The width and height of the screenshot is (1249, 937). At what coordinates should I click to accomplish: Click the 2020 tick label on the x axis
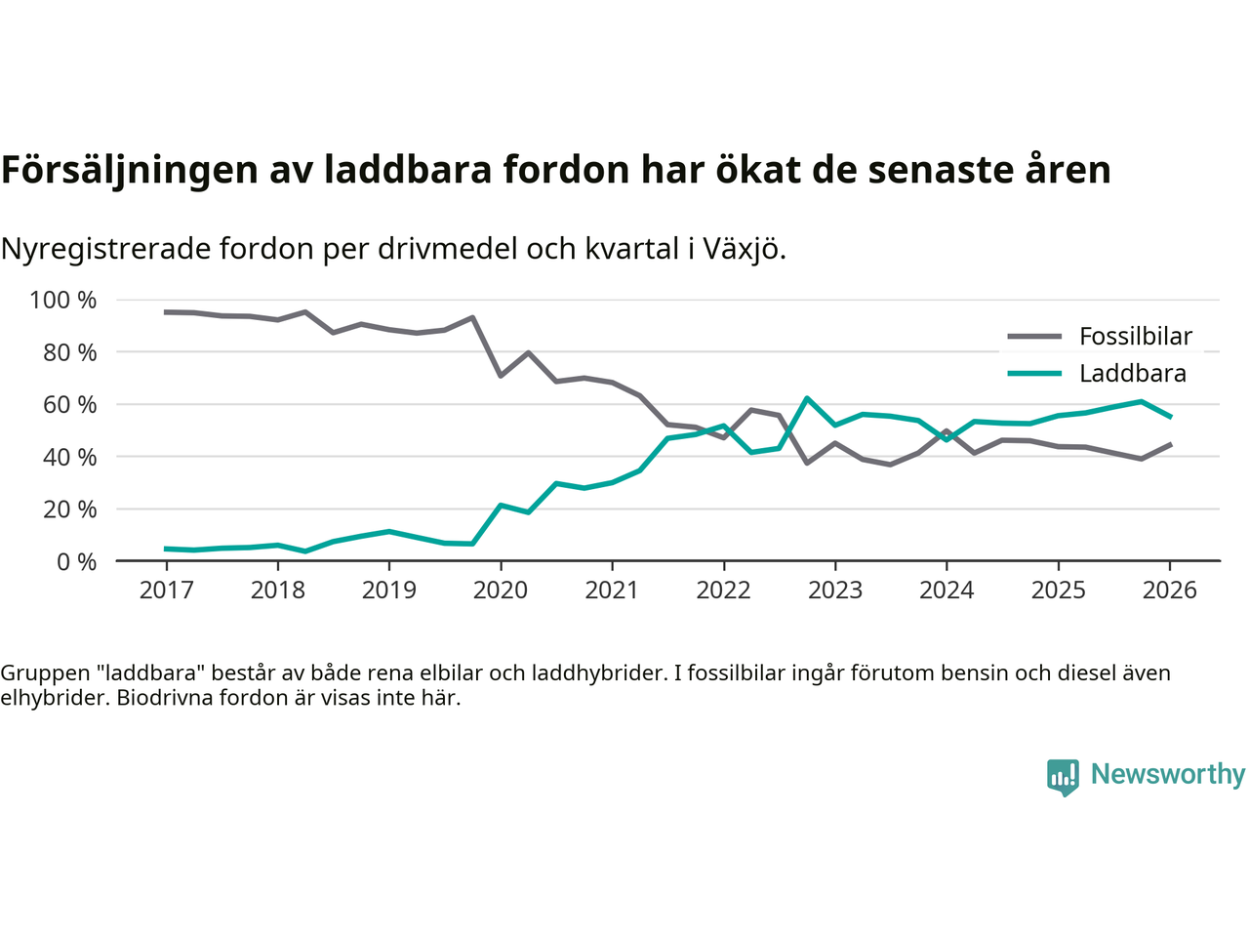[500, 591]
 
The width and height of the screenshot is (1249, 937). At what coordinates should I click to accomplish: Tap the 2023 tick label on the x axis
[834, 591]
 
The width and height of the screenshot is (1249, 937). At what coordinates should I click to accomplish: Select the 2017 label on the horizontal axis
[166, 591]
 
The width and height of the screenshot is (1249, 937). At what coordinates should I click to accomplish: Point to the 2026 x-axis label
[1169, 591]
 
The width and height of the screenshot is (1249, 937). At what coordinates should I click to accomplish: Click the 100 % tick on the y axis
[63, 300]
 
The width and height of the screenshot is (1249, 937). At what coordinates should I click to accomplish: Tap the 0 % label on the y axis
[76, 561]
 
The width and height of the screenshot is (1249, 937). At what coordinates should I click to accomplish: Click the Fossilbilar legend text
[1136, 337]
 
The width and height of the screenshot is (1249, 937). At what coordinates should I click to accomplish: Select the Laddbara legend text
[1132, 374]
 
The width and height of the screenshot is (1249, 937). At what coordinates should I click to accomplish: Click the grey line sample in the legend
[1034, 337]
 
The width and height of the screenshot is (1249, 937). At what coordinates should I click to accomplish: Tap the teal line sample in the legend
[1034, 374]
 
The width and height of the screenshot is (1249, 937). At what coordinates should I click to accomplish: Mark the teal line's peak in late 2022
[807, 398]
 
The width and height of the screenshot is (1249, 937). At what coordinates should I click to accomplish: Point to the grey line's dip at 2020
[501, 376]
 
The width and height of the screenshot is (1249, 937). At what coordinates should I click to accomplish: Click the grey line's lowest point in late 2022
[807, 463]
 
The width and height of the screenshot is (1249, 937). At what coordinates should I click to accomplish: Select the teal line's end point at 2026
[1170, 417]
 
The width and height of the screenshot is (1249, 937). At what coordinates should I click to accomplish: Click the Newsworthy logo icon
[1063, 777]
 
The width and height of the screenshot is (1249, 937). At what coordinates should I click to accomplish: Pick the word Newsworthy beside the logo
[1167, 774]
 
